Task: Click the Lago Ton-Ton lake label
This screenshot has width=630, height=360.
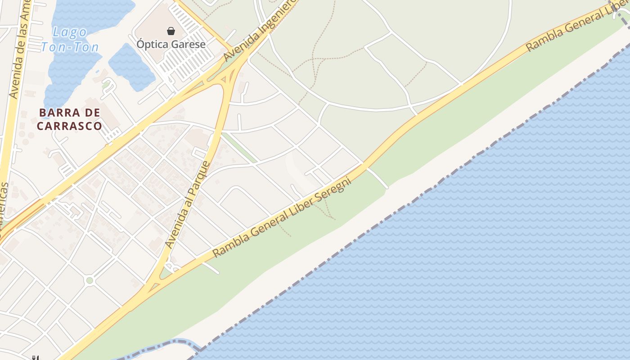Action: pyautogui.click(x=70, y=39)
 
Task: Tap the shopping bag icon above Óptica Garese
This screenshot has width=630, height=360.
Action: pyautogui.click(x=171, y=31)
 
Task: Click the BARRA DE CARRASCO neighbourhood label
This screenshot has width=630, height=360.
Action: pyautogui.click(x=69, y=119)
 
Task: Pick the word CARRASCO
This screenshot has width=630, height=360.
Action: pyautogui.click(x=69, y=126)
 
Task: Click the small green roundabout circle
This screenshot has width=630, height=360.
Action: pyautogui.click(x=90, y=281)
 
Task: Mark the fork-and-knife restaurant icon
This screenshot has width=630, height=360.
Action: pyautogui.click(x=35, y=358)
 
